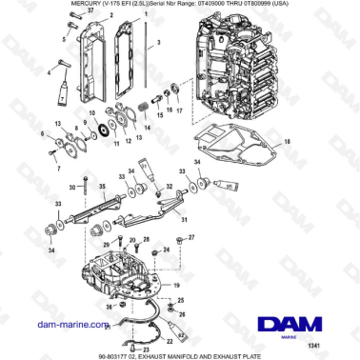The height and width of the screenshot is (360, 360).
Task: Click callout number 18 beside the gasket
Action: (x=289, y=140)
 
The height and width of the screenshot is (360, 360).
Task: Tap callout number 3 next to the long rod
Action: (x=158, y=45)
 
